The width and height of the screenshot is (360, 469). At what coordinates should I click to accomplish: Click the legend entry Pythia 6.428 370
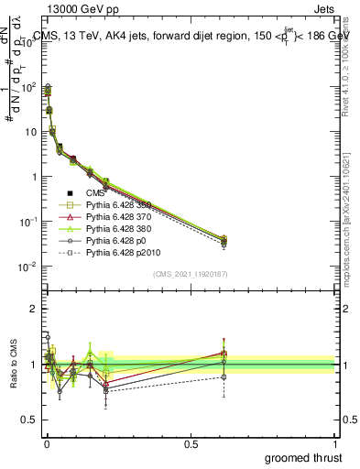[117, 216]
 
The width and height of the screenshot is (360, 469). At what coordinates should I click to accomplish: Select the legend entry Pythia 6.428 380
[117, 228]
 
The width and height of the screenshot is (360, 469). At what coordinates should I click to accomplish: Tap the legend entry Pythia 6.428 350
[117, 205]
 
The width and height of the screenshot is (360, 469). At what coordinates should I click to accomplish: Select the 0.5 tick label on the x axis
[191, 443]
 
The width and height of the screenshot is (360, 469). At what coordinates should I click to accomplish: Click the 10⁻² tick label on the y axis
[27, 267]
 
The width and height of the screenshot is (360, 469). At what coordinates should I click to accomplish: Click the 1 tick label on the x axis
[334, 443]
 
